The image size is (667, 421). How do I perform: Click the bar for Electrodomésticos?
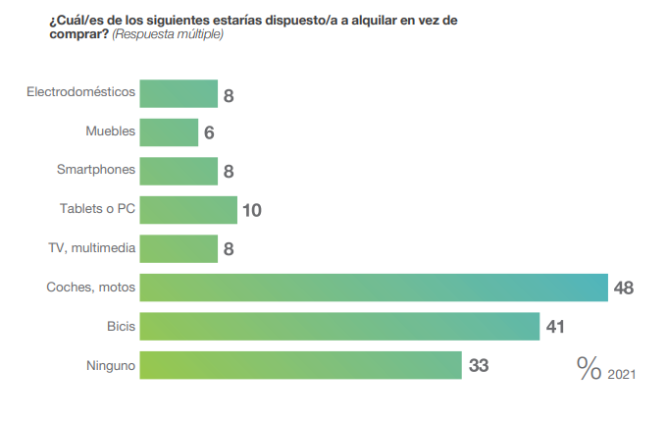[179, 93]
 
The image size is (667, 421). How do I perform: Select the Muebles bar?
[169, 132]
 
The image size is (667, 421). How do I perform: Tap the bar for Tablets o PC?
[188, 209]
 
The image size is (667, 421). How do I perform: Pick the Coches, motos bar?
[374, 288]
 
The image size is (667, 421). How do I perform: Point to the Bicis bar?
[339, 326]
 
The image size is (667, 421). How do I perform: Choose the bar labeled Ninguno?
[300, 365]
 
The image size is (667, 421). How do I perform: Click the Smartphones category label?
[96, 170]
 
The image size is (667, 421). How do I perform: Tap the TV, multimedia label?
[91, 247]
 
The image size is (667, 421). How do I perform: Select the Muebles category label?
[110, 131]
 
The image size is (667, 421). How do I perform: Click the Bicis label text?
[121, 325]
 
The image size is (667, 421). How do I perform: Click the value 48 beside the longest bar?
[624, 288]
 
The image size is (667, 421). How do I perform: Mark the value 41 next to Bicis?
[555, 327]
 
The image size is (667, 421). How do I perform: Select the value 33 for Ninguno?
[478, 366]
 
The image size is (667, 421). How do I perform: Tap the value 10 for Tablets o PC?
[252, 210]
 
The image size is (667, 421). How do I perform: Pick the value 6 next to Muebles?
[209, 132]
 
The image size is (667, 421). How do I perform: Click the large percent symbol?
[589, 368]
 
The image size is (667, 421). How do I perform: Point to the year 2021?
[622, 374]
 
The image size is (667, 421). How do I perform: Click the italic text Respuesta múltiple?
[168, 34]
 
